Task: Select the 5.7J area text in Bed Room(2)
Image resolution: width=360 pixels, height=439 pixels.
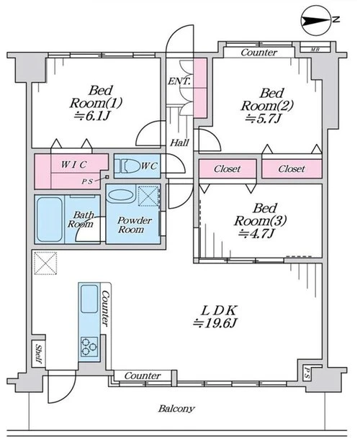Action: pyautogui.click(x=263, y=119)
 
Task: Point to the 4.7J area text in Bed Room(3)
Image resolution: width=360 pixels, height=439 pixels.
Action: pyautogui.click(x=256, y=233)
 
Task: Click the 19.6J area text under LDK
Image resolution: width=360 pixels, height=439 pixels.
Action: pyautogui.click(x=215, y=323)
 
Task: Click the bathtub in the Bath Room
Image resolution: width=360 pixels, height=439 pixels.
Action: pyautogui.click(x=49, y=219)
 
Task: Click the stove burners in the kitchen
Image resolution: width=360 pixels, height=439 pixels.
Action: pyautogui.click(x=89, y=347)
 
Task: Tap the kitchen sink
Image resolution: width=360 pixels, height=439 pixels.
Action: pyautogui.click(x=89, y=299)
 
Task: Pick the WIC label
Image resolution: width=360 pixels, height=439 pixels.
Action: pyautogui.click(x=74, y=165)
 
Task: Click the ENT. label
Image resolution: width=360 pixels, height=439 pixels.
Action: pyautogui.click(x=179, y=81)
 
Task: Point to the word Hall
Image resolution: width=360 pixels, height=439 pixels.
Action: pyautogui.click(x=179, y=143)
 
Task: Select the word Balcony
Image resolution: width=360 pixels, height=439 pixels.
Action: pyautogui.click(x=176, y=409)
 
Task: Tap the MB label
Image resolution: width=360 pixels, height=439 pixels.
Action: pyautogui.click(x=315, y=50)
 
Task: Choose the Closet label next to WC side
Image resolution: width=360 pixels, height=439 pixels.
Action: pyautogui.click(x=228, y=169)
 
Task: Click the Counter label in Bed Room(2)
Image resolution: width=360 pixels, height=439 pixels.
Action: pyautogui.click(x=259, y=53)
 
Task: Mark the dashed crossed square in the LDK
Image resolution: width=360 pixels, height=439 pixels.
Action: pyautogui.click(x=45, y=263)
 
